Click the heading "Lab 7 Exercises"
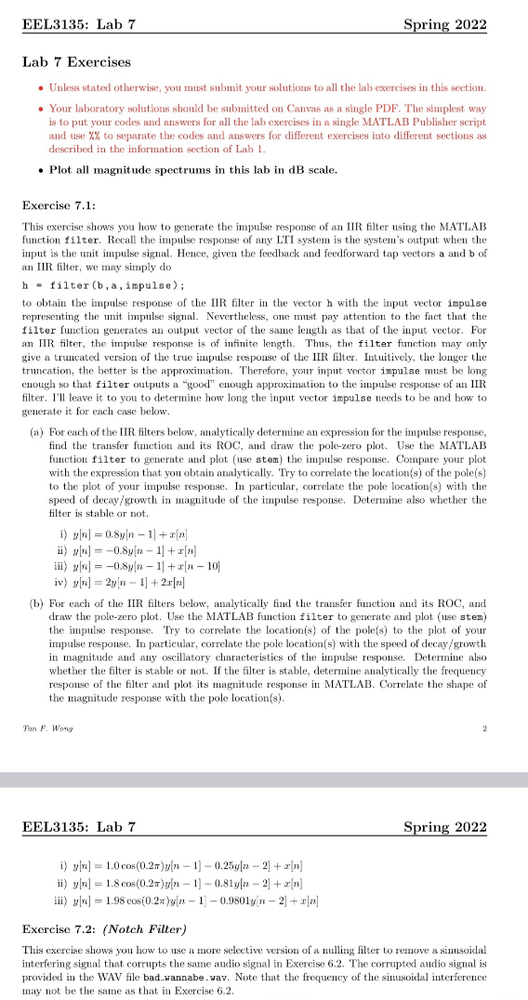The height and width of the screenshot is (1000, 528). pos(78,62)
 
